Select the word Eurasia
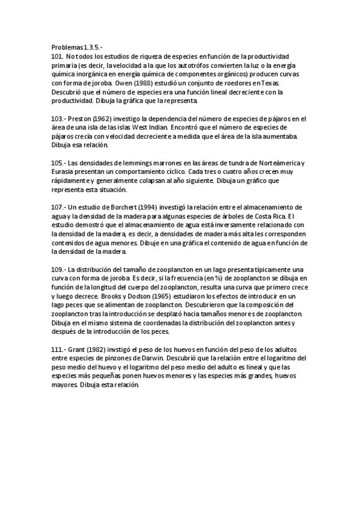(x=63, y=173)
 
